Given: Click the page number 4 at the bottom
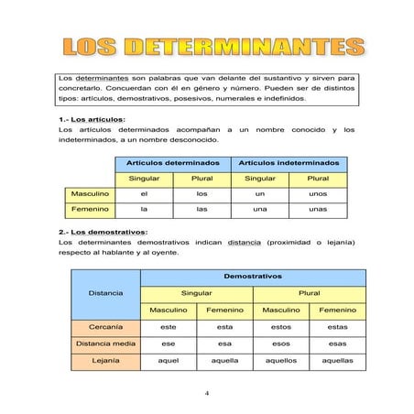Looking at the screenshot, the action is click(x=207, y=394).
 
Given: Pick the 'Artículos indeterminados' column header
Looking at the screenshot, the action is click(x=289, y=162).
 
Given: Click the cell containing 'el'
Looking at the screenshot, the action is click(x=144, y=194).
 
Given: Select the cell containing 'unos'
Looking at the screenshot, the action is click(x=318, y=194).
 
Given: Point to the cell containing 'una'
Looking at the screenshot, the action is click(x=260, y=210).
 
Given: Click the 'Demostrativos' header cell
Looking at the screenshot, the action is click(x=252, y=275).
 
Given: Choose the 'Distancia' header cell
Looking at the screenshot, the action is click(x=105, y=293).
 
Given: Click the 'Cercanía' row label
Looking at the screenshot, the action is click(x=105, y=326).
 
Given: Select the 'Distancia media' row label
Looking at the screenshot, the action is click(x=105, y=343).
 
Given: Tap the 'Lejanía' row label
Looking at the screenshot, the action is click(x=105, y=361).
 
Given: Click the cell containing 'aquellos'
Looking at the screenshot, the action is click(x=280, y=361).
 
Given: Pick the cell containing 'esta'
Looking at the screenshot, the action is click(x=224, y=326).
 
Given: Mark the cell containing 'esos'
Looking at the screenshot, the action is click(x=280, y=343).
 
